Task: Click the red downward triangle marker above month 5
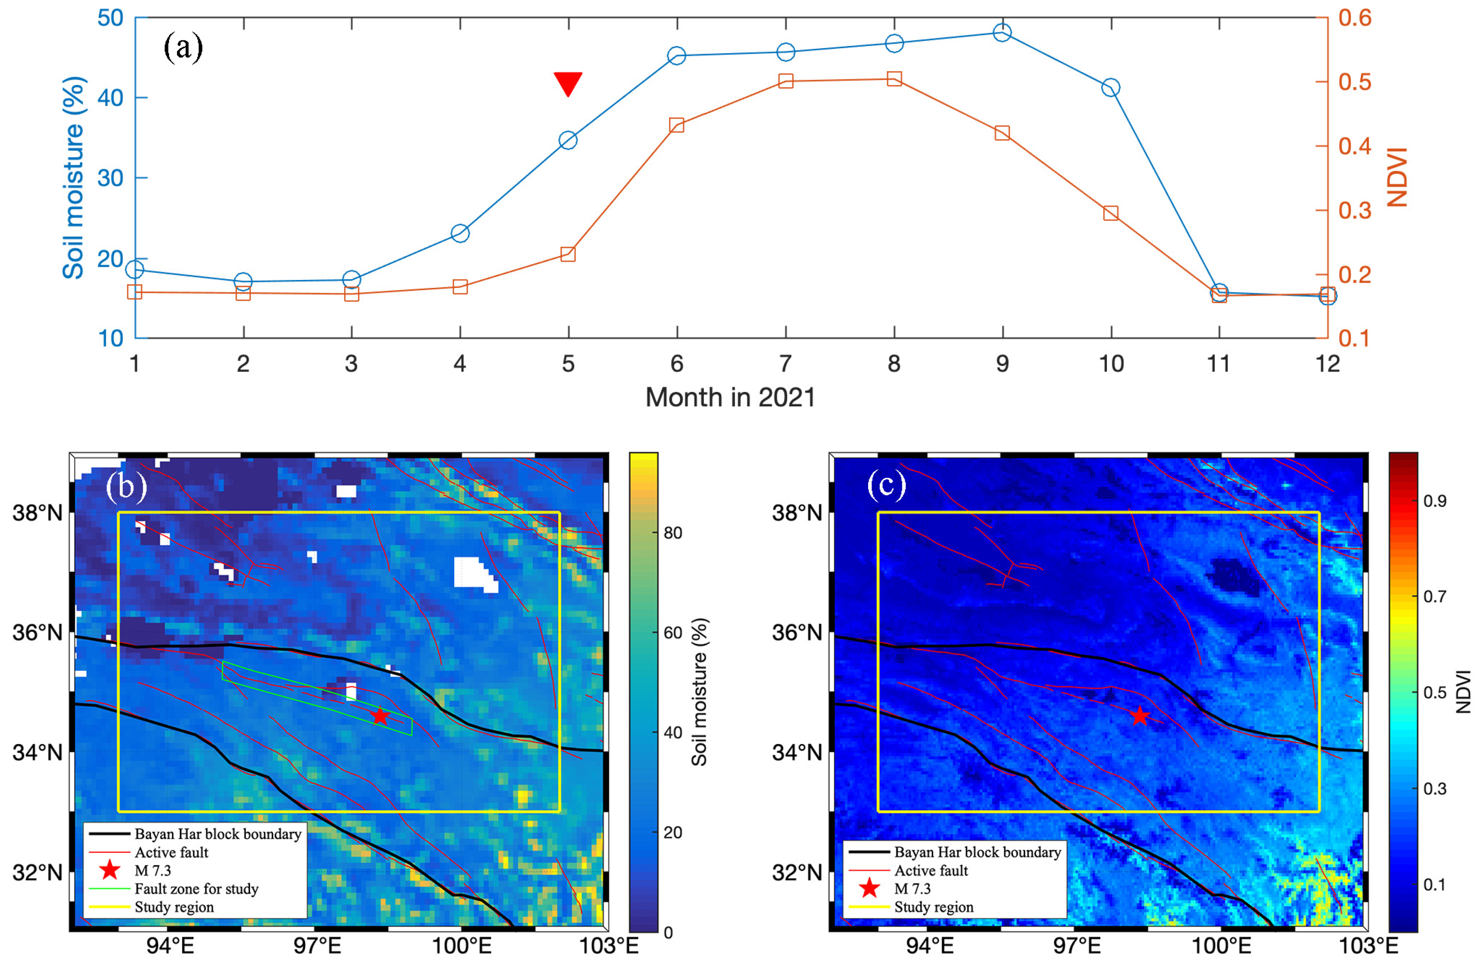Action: point(568,82)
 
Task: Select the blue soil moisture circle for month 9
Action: point(1002,32)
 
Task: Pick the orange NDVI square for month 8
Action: point(894,79)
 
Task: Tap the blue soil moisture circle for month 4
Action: point(460,234)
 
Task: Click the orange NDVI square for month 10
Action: point(1111,213)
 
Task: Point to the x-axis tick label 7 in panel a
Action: point(786,364)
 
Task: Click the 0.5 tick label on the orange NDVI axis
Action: point(1355,82)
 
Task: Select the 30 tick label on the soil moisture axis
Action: point(111,178)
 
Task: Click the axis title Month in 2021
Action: point(730,398)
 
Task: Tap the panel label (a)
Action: point(183,47)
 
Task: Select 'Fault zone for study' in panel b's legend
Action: point(196,889)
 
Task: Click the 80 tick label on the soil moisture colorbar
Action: point(673,533)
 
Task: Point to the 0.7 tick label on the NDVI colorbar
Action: point(1435,597)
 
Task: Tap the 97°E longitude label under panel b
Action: point(317,946)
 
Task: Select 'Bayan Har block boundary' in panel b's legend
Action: point(217,834)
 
